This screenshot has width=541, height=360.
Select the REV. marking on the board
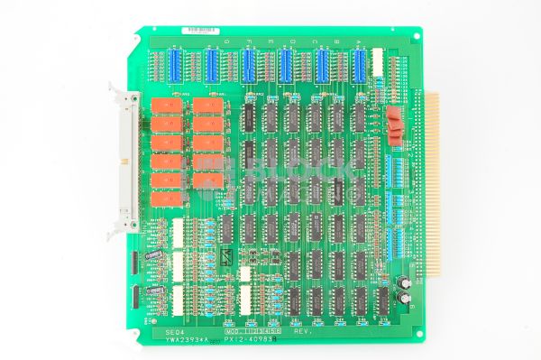click(x=304, y=332)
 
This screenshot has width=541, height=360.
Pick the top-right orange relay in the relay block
click(x=207, y=106)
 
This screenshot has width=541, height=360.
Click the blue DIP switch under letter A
click(x=359, y=65)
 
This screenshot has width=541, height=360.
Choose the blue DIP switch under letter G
click(x=174, y=65)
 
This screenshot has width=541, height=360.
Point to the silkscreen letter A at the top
click(x=359, y=42)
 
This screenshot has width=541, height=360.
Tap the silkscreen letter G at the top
click(x=174, y=42)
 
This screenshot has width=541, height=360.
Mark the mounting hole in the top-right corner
click(x=417, y=36)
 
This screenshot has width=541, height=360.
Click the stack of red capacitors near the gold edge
click(x=394, y=125)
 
